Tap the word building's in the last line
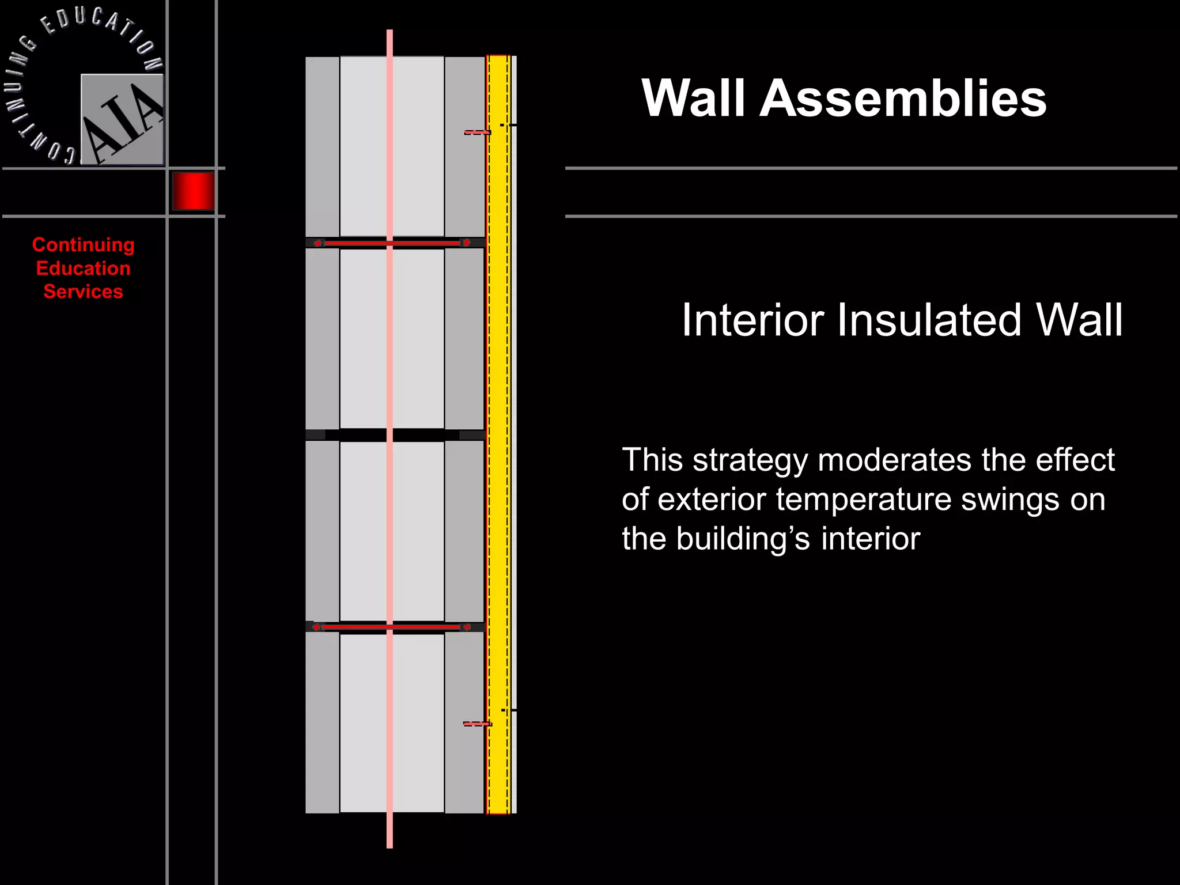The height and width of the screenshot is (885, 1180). click(x=743, y=539)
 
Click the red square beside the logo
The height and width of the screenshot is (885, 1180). click(x=194, y=191)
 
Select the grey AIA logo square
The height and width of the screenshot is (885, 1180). click(x=122, y=120)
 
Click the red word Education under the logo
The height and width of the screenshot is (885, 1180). click(x=83, y=268)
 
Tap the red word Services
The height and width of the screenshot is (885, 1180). click(x=83, y=292)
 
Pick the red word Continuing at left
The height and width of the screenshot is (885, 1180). click(x=83, y=245)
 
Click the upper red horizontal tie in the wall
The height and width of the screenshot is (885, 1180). click(x=392, y=243)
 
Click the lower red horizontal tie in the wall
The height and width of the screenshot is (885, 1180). click(x=392, y=627)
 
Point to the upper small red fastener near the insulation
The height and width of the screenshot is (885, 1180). click(x=477, y=133)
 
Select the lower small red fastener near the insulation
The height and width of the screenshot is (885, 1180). click(x=477, y=724)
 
